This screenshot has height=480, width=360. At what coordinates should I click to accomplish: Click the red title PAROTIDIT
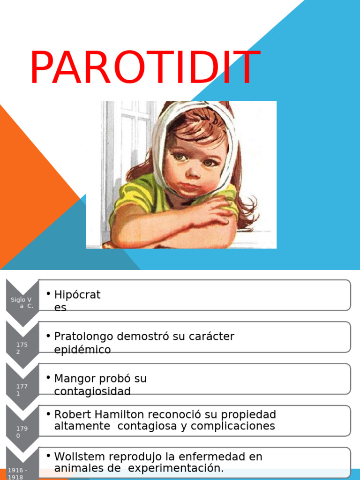pos(144,68)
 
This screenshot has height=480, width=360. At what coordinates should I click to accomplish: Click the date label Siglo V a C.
pos(22,303)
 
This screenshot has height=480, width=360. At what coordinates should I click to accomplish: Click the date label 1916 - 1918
pos(17,473)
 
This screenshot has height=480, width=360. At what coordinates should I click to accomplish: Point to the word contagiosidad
pos(92,391)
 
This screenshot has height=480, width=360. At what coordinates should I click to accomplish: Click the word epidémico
pos(82,350)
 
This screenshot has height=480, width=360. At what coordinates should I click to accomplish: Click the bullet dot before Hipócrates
pos(49,294)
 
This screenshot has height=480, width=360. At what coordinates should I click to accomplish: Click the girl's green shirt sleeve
pos(134,195)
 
